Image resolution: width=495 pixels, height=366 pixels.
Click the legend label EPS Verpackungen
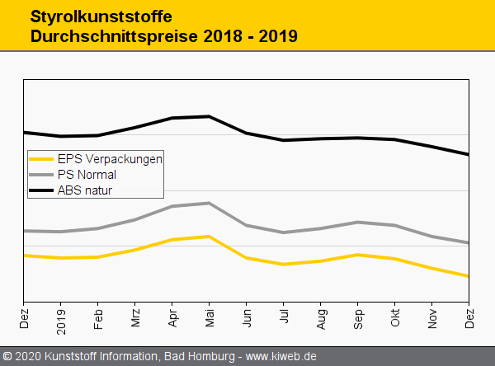pos(110,159)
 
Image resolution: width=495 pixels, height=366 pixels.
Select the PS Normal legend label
pos(87,175)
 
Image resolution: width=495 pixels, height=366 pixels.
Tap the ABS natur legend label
pos(84,190)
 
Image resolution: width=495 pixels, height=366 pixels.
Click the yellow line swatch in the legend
pos(41,159)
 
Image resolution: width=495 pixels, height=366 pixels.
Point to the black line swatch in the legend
pos(41,190)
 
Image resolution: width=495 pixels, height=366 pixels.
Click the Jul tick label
pos(284,316)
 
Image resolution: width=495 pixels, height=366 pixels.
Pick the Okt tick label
pos(395,317)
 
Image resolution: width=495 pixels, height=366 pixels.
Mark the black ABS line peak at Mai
pos(210,116)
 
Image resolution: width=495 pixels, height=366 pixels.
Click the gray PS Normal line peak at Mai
pos(210,203)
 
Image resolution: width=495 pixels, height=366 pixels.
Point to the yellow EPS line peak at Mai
pos(210,237)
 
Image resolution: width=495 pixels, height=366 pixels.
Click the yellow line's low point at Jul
pos(284,265)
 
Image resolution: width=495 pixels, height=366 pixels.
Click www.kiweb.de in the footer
pos(281,357)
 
